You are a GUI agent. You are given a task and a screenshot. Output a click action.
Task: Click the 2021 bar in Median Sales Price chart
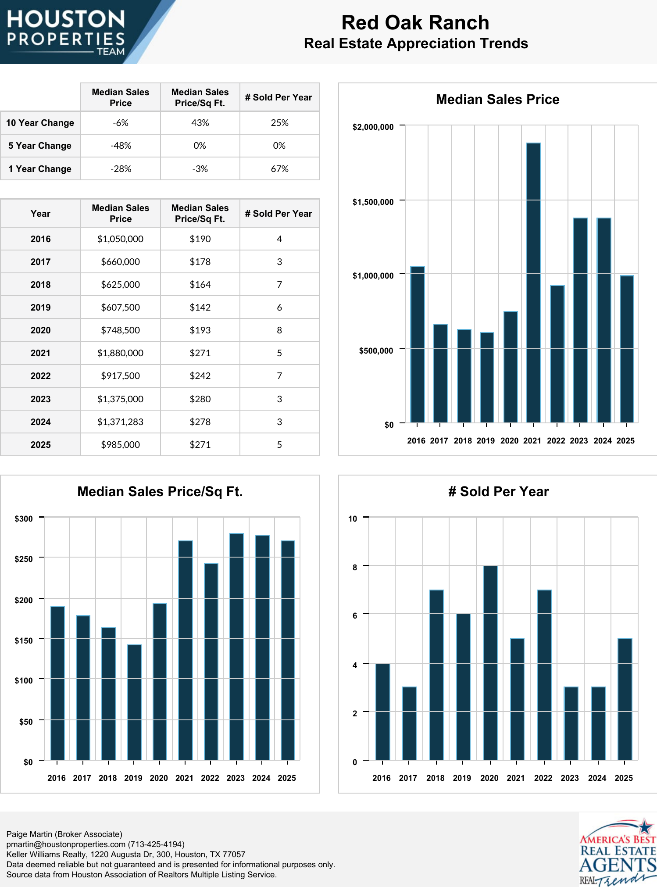pyautogui.click(x=533, y=283)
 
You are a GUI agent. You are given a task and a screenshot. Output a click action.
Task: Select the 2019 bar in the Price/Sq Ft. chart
pyautogui.click(x=134, y=702)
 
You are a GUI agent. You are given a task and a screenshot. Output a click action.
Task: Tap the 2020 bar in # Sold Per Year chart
pyautogui.click(x=490, y=662)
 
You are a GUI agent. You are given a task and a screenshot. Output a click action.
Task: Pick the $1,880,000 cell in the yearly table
pyautogui.click(x=120, y=353)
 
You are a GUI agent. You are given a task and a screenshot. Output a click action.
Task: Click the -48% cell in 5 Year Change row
pyautogui.click(x=121, y=146)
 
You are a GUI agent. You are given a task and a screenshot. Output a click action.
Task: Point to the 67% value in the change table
pyautogui.click(x=279, y=169)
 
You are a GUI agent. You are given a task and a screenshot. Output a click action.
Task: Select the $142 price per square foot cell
pyautogui.click(x=200, y=308)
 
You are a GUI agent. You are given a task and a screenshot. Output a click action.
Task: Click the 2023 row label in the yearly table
pyautogui.click(x=40, y=399)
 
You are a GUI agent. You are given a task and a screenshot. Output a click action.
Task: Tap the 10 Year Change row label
pyautogui.click(x=40, y=123)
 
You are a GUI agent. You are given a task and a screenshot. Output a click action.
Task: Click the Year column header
pyautogui.click(x=40, y=214)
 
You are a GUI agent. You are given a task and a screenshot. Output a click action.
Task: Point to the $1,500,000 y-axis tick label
pyautogui.click(x=373, y=202)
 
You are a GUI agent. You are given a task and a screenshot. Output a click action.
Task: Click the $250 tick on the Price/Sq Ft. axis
pyautogui.click(x=24, y=559)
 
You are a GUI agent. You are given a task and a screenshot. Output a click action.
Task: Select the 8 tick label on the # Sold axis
pyautogui.click(x=355, y=567)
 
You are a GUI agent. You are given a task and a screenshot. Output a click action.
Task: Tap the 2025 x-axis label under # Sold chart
pyautogui.click(x=624, y=778)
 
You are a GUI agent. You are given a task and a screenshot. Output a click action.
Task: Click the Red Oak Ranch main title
pyautogui.click(x=415, y=23)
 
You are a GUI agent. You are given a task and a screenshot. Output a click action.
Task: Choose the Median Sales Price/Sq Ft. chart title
pyautogui.click(x=160, y=491)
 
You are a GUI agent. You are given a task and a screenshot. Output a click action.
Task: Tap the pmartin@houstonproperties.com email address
pyautogui.click(x=66, y=844)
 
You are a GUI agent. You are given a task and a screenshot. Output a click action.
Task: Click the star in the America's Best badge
pyautogui.click(x=645, y=827)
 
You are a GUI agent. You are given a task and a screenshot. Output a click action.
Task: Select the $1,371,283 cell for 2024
pyautogui.click(x=120, y=422)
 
